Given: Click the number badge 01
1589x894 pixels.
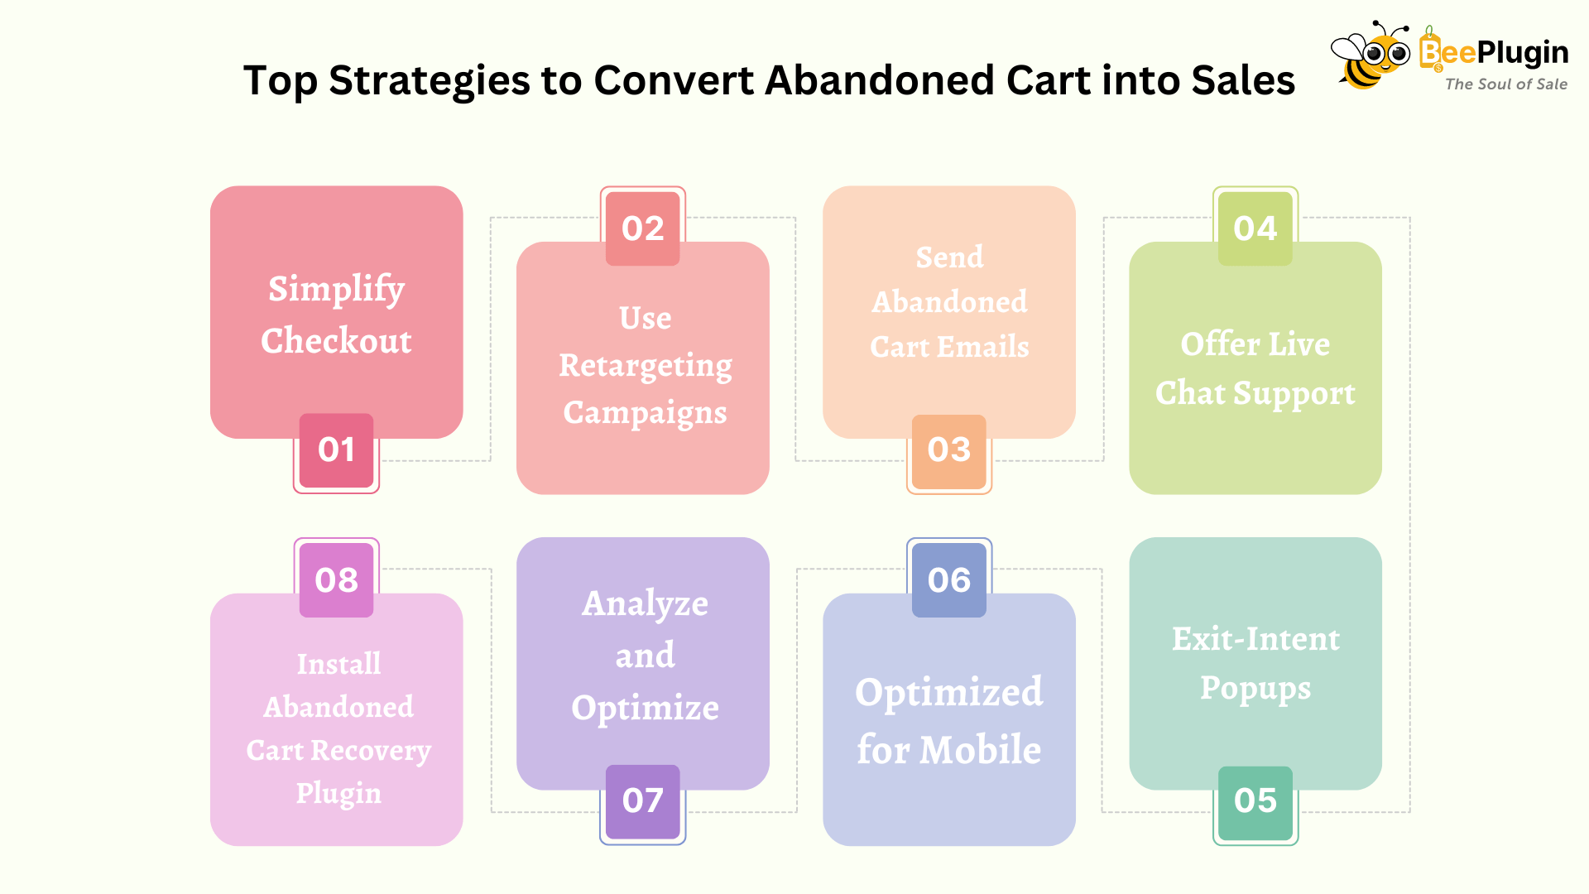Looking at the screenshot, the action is (x=336, y=450).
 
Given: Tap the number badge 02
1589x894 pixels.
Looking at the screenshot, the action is (x=643, y=228).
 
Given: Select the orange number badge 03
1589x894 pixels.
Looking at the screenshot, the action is (x=949, y=451).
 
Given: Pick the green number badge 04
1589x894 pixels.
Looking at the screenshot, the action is (x=1255, y=228).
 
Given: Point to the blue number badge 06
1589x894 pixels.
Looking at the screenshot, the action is (x=949, y=580).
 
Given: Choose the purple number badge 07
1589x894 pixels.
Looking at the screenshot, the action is (x=643, y=802).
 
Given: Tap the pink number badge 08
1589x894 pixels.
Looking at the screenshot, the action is (x=336, y=580).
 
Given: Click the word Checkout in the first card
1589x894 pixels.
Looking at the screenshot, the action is (x=336, y=340).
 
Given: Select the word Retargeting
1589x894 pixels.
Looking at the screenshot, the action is (x=646, y=367).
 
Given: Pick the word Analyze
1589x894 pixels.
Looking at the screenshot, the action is (x=646, y=604).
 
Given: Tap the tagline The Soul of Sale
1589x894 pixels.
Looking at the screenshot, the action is (x=1506, y=84).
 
